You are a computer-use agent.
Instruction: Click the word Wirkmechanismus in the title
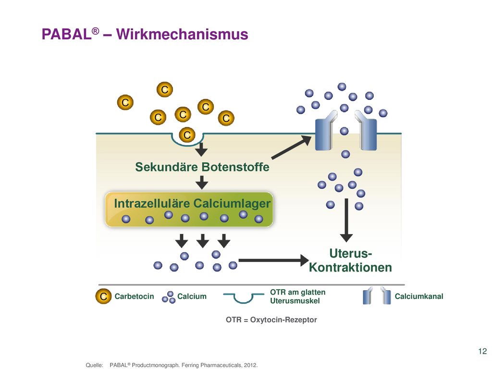[x=182, y=34]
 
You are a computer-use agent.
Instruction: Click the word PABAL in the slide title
[x=66, y=34]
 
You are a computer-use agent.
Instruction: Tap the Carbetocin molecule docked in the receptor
[x=187, y=135]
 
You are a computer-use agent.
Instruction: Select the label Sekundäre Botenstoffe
[x=202, y=167]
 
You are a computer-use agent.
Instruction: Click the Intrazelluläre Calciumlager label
[x=192, y=203]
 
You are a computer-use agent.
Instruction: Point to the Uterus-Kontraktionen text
[x=350, y=260]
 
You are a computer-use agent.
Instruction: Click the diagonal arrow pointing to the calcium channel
[x=292, y=147]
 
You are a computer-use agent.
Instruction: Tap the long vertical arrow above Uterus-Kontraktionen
[x=346, y=220]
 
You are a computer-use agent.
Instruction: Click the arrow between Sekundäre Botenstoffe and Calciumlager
[x=202, y=182]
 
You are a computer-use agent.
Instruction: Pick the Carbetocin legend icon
[x=103, y=296]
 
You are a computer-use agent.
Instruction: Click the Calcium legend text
[x=192, y=296]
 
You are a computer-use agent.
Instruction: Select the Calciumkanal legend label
[x=419, y=296]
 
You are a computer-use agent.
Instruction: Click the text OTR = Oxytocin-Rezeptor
[x=271, y=320]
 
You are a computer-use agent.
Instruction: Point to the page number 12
[x=482, y=351]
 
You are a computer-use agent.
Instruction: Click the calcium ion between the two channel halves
[x=344, y=131]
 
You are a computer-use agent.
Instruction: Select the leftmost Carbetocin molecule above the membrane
[x=125, y=102]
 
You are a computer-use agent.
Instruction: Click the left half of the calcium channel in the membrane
[x=325, y=131]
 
